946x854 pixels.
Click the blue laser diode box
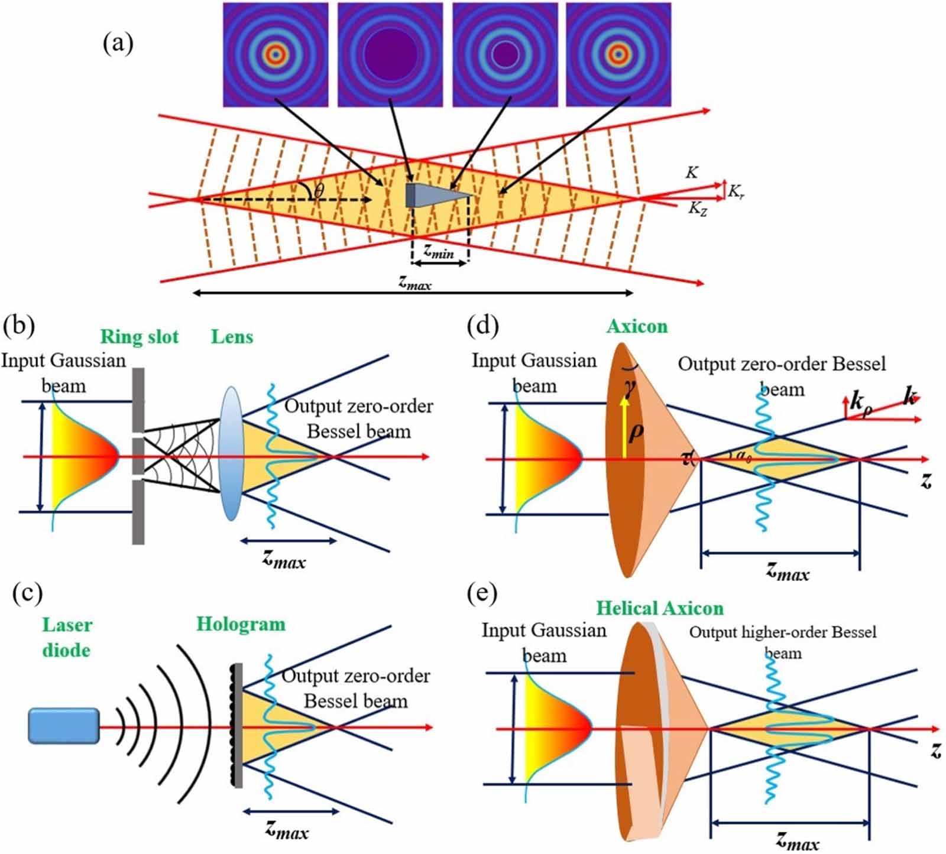pyautogui.click(x=64, y=725)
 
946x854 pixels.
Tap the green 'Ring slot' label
pyautogui.click(x=140, y=336)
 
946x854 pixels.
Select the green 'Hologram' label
pyautogui.click(x=241, y=624)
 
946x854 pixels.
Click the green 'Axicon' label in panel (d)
pyautogui.click(x=637, y=326)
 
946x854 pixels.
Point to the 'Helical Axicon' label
pyautogui.click(x=659, y=608)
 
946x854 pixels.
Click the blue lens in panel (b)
pyautogui.click(x=231, y=454)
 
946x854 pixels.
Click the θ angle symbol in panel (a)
pyautogui.click(x=319, y=190)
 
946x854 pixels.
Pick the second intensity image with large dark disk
pyautogui.click(x=390, y=54)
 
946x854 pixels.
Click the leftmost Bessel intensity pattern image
pyautogui.click(x=276, y=54)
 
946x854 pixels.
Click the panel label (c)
pyautogui.click(x=28, y=593)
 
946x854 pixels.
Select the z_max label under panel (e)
pyautogui.click(x=798, y=840)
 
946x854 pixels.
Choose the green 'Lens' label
pyautogui.click(x=232, y=336)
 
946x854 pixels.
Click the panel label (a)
pyautogui.click(x=118, y=43)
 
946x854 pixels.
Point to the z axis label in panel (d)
pyautogui.click(x=926, y=480)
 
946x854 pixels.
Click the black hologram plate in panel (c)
pyautogui.click(x=238, y=725)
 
